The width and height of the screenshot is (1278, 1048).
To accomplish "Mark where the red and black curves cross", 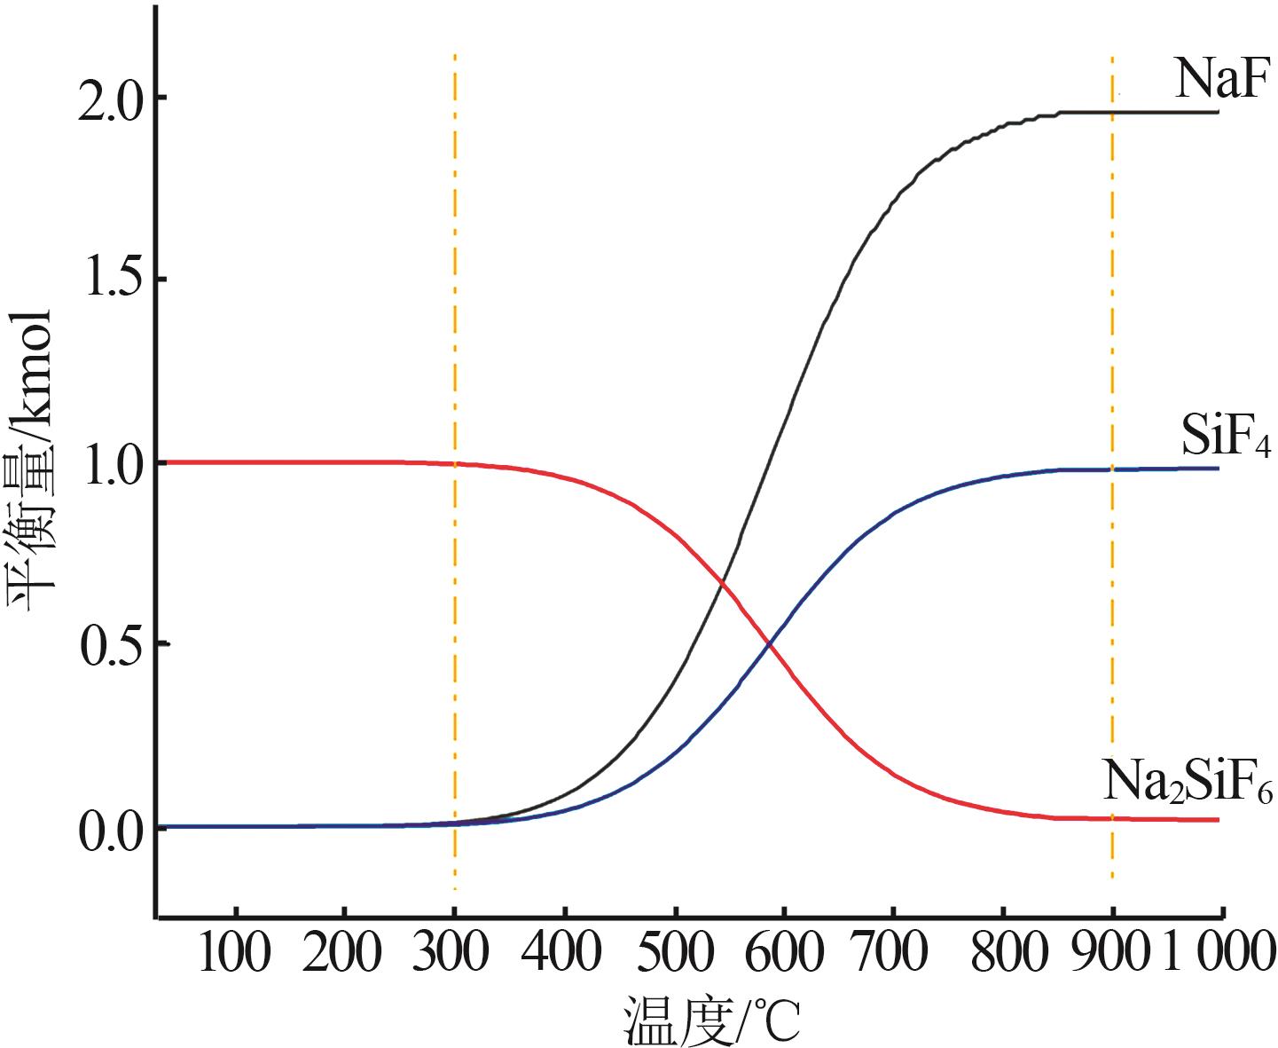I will [x=723, y=584].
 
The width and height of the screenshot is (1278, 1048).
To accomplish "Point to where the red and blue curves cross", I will [x=770, y=645].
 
